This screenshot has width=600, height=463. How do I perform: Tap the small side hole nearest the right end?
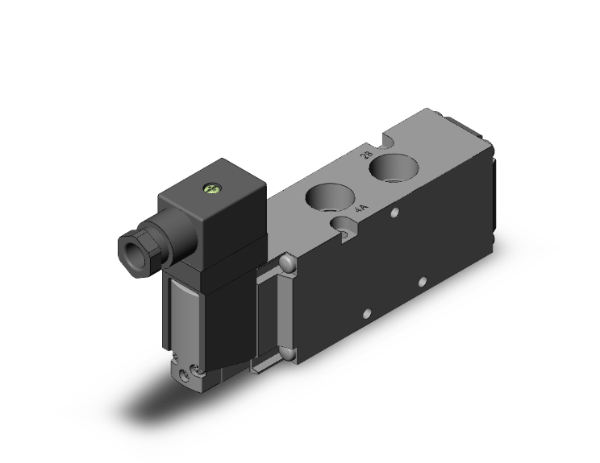point(420,282)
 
